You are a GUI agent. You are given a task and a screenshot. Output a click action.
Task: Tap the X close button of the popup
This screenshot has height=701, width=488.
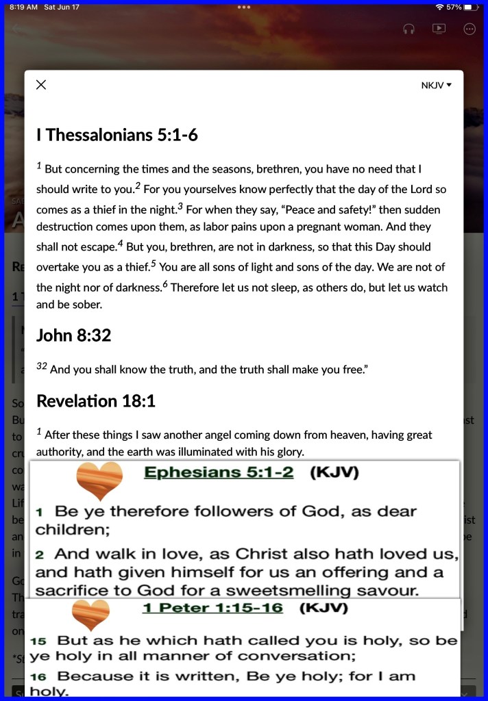41,85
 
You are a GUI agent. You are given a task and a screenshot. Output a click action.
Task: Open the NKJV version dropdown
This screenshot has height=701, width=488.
437,86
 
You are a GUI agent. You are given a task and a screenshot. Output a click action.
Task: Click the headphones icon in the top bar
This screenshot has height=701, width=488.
409,29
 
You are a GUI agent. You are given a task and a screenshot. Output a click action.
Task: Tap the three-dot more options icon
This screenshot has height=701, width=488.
469,29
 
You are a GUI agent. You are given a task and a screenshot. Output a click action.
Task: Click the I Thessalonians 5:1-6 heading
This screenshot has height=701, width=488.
117,135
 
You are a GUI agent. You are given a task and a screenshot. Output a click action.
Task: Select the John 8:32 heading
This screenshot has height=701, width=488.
73,335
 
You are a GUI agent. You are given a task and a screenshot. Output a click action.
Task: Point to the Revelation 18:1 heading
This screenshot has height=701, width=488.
96,400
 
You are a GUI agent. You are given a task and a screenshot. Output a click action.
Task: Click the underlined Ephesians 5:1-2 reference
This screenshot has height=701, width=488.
219,472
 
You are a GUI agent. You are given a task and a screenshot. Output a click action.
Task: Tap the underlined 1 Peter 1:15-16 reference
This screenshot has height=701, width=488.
212,607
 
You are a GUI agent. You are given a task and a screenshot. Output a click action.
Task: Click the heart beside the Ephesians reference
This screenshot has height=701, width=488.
99,479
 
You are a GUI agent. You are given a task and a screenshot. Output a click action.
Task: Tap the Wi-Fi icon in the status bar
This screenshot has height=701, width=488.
439,7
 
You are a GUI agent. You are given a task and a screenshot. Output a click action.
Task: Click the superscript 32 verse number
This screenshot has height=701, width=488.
41,367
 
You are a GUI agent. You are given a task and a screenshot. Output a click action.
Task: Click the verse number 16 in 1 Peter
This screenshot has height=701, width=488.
38,676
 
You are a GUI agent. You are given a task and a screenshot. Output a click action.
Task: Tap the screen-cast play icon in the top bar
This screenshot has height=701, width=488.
439,29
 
